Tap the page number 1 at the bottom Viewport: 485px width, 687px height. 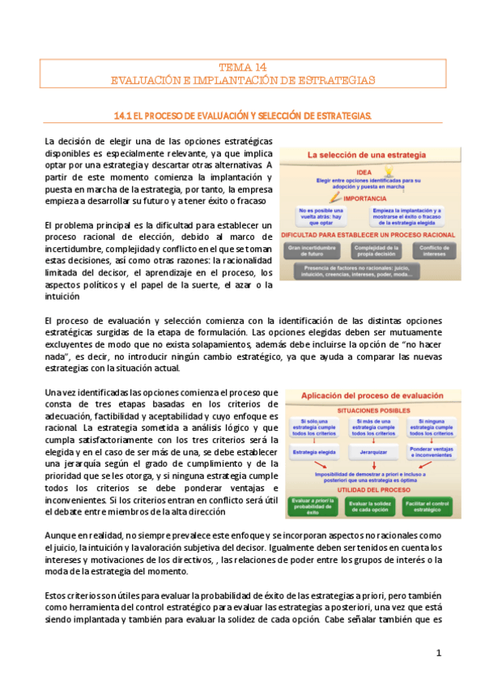(438, 652)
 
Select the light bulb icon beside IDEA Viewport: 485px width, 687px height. (389, 171)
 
